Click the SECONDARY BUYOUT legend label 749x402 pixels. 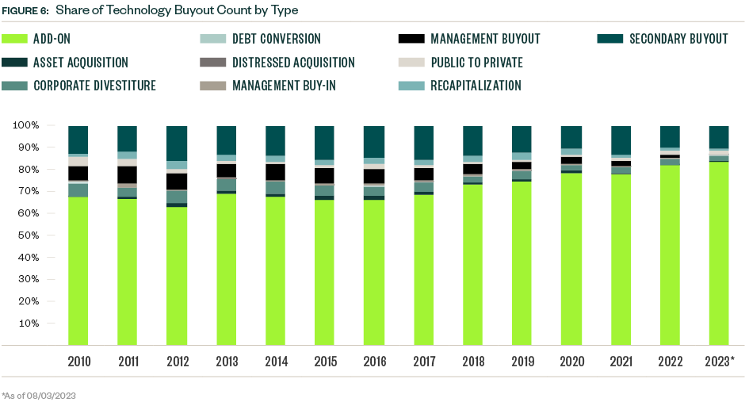[x=678, y=39]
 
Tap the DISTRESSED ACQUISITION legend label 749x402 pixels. [x=293, y=62]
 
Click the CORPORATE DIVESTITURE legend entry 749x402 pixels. [x=94, y=85]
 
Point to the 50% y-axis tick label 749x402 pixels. [x=28, y=235]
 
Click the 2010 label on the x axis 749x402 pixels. [x=78, y=362]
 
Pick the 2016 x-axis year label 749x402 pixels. [x=374, y=362]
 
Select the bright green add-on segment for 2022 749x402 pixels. [x=670, y=255]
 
